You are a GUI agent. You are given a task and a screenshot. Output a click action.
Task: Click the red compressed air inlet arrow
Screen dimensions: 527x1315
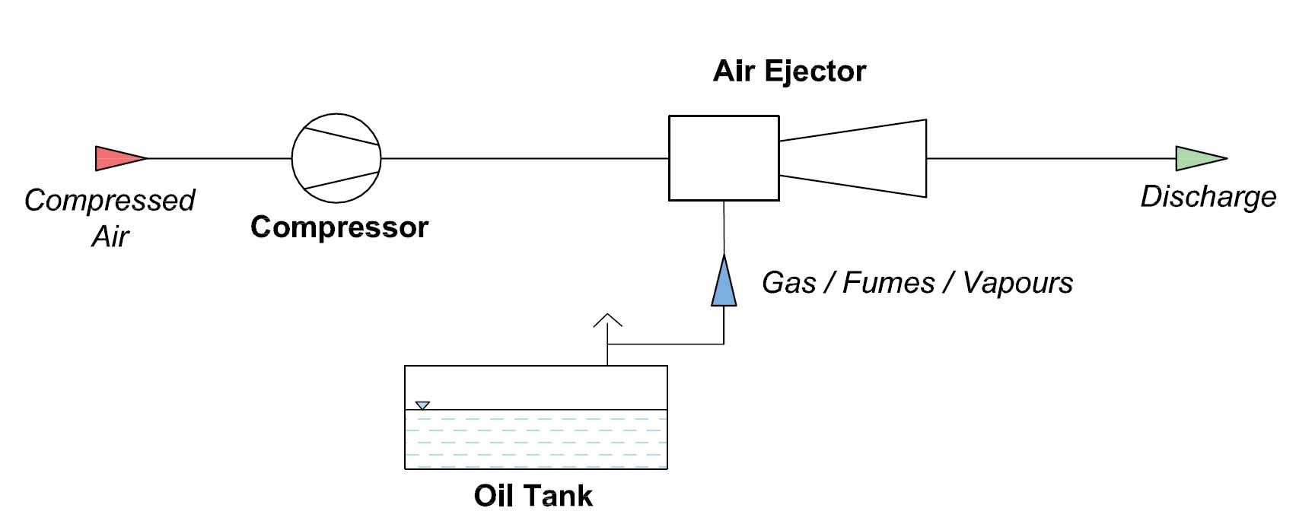116,158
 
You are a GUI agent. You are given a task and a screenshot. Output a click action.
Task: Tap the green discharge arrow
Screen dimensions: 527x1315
1196,158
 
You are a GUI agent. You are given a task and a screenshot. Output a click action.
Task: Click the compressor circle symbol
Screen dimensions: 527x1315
336,158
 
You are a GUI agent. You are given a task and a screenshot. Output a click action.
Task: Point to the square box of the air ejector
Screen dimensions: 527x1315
724,158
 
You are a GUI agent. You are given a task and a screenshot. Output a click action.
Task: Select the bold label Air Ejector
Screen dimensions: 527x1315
789,71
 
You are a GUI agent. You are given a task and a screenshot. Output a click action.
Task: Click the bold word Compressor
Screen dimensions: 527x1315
339,227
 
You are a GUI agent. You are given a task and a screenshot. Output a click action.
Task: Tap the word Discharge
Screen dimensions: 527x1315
1208,197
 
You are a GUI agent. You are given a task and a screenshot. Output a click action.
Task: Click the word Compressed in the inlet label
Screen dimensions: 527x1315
110,201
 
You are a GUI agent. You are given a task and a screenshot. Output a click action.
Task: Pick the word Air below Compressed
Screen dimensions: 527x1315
111,237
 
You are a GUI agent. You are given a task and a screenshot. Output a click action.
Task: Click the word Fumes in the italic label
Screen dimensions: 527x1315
889,283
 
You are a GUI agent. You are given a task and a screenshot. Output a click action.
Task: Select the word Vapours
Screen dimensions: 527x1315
1017,283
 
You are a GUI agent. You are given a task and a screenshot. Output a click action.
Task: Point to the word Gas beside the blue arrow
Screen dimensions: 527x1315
789,283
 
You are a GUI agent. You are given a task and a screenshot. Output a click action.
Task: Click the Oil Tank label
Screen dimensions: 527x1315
533,496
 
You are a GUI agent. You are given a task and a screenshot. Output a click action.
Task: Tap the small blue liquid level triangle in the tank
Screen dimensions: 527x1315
422,405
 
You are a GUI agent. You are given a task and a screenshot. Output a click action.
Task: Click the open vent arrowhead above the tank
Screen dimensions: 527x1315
607,320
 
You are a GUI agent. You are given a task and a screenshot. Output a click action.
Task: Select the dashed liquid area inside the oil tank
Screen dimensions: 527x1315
536,440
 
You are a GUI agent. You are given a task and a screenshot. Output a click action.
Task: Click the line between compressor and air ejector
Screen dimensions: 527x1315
525,158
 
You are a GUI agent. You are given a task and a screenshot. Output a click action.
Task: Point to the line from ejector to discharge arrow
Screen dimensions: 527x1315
1050,158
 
